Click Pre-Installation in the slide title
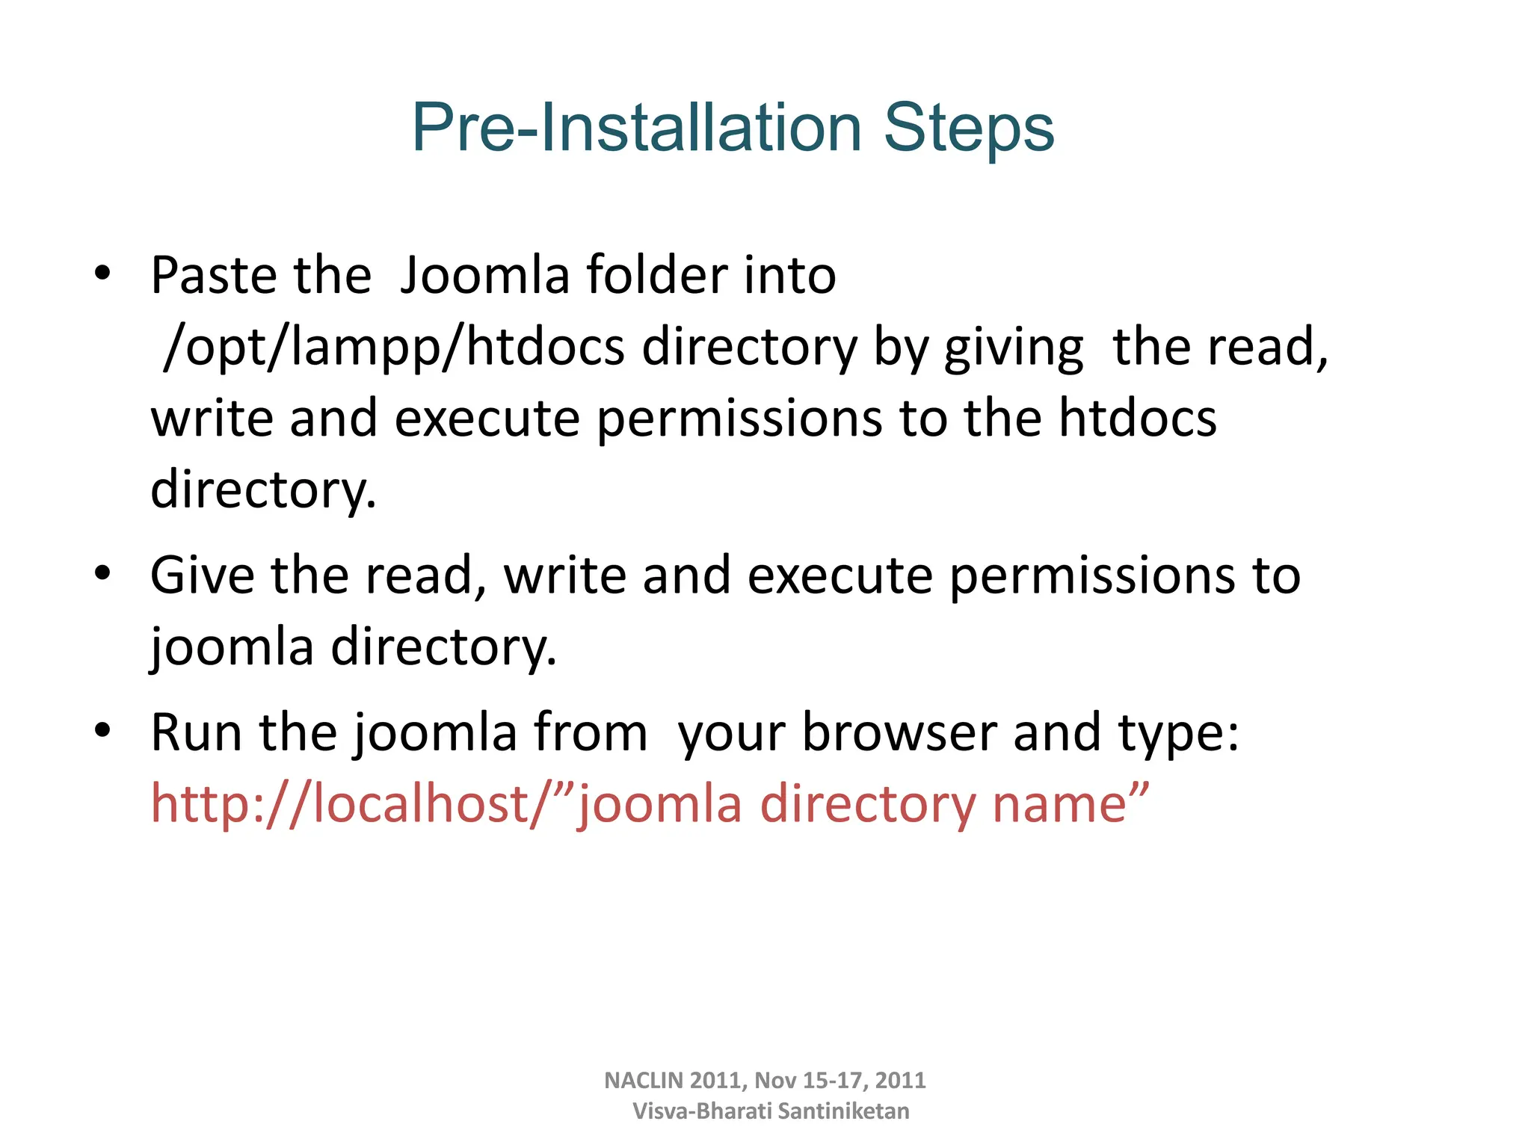[637, 129]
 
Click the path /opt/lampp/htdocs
[393, 348]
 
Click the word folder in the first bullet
[656, 276]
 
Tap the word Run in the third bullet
[196, 732]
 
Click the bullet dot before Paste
[102, 274]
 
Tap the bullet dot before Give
[102, 574]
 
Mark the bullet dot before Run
[102, 730]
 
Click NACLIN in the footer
[643, 1081]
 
